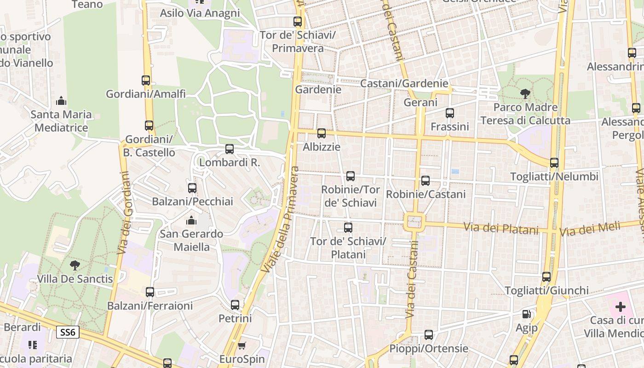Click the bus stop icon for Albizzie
[322, 133]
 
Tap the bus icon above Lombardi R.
[230, 149]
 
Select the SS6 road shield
[68, 332]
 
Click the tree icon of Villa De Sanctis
[75, 265]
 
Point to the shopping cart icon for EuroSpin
[242, 345]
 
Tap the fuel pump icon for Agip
[526, 314]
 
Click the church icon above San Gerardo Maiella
[191, 220]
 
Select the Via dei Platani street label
[501, 228]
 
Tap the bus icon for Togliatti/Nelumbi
[554, 163]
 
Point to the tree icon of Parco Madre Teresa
[525, 94]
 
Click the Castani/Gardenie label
[404, 83]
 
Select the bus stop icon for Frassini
[450, 113]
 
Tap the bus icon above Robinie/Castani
[425, 181]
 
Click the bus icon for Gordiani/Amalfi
[146, 80]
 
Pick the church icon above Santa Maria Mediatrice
[61, 101]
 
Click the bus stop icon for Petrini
[235, 305]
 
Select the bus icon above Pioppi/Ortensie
[429, 335]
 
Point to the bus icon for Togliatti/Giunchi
[546, 277]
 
